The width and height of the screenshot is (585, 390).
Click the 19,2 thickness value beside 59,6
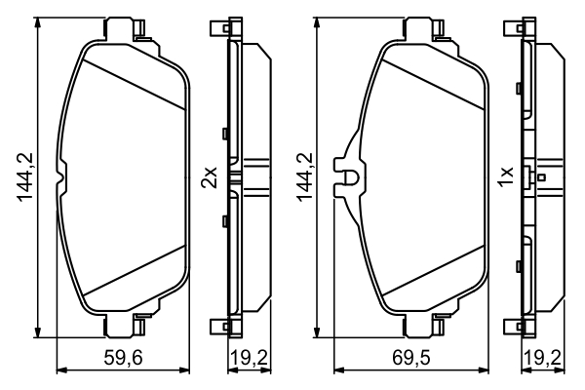tap(249, 359)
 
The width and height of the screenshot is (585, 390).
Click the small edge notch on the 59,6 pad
tap(62, 176)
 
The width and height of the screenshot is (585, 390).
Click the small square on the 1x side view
tap(540, 177)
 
